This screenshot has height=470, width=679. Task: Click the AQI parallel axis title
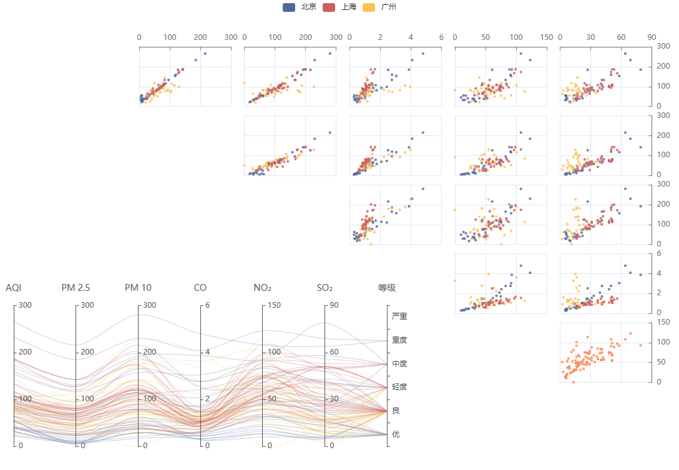point(14,288)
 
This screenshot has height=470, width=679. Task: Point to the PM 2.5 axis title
point(76,288)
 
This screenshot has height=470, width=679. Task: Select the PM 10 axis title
point(138,288)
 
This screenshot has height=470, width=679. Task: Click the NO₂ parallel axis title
point(262,288)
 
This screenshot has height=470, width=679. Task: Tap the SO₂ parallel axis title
point(325,288)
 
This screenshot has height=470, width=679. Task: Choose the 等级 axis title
point(387,288)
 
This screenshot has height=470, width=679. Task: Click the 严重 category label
point(399,316)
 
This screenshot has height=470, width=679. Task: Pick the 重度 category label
point(399,340)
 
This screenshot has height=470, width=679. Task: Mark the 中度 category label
point(399,363)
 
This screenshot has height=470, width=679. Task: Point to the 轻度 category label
point(399,387)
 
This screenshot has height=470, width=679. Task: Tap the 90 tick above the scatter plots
point(652,37)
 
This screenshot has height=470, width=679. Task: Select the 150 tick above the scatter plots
point(547,37)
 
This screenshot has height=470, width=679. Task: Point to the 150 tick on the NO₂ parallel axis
point(273,305)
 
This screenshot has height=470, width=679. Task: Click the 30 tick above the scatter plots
point(590,37)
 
